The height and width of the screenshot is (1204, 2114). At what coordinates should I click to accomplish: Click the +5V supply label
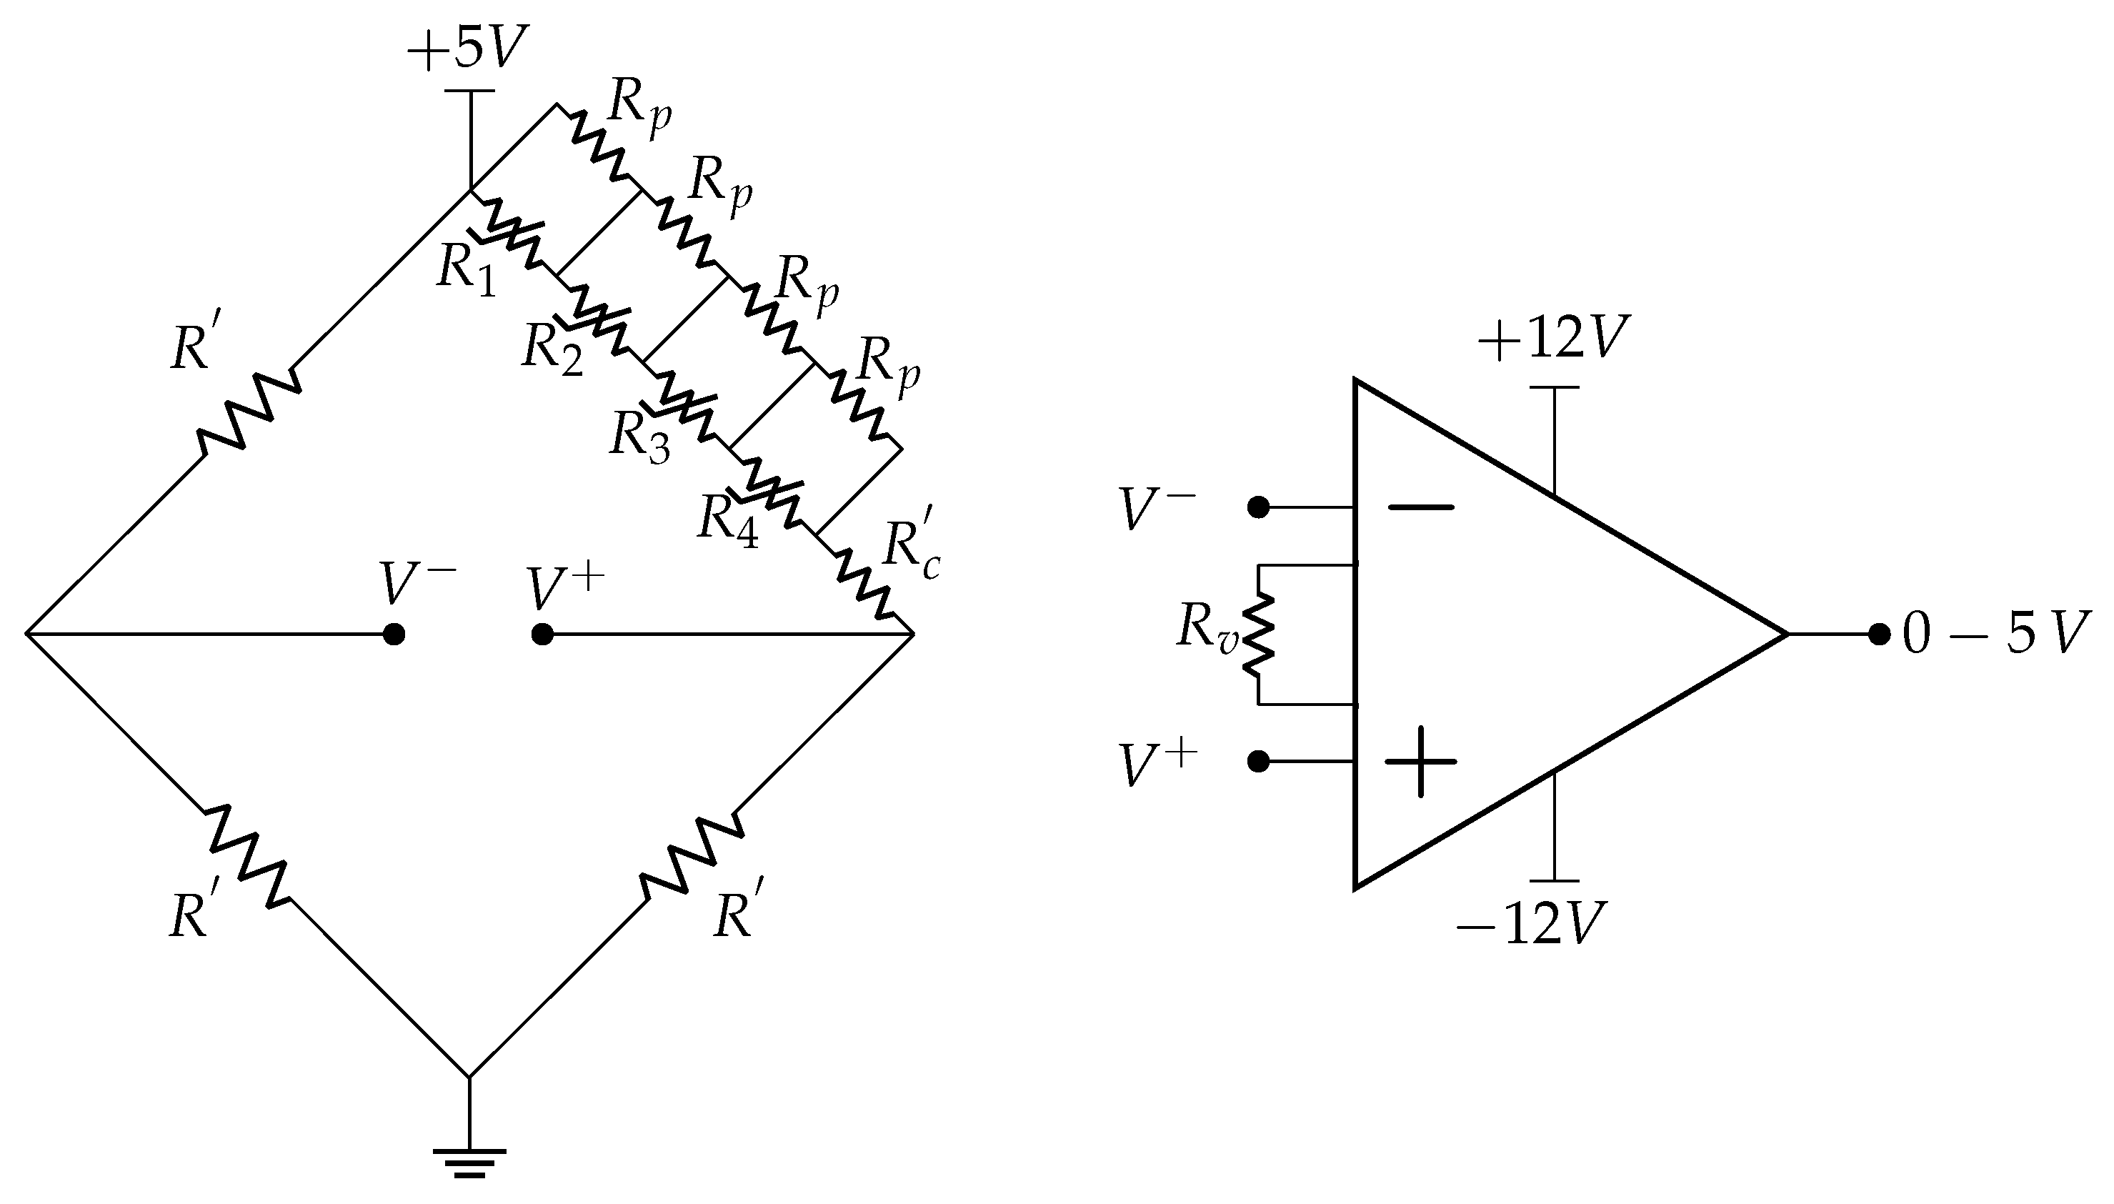coord(467,51)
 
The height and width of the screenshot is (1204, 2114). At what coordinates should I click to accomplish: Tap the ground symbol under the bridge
coord(469,1161)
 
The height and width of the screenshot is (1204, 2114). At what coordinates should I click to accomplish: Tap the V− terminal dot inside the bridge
coord(394,635)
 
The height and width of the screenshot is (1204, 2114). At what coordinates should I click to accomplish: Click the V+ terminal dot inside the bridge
coord(542,635)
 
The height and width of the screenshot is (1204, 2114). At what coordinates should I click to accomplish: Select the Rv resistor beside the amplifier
coord(1257,635)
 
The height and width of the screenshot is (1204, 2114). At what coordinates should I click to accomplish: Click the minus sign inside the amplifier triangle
coord(1420,507)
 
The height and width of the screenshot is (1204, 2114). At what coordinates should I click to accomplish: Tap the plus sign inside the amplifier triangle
coord(1420,762)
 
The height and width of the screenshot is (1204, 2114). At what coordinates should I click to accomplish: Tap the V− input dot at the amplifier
coord(1258,507)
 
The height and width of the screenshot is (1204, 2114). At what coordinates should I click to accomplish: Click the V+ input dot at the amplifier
coord(1258,762)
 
